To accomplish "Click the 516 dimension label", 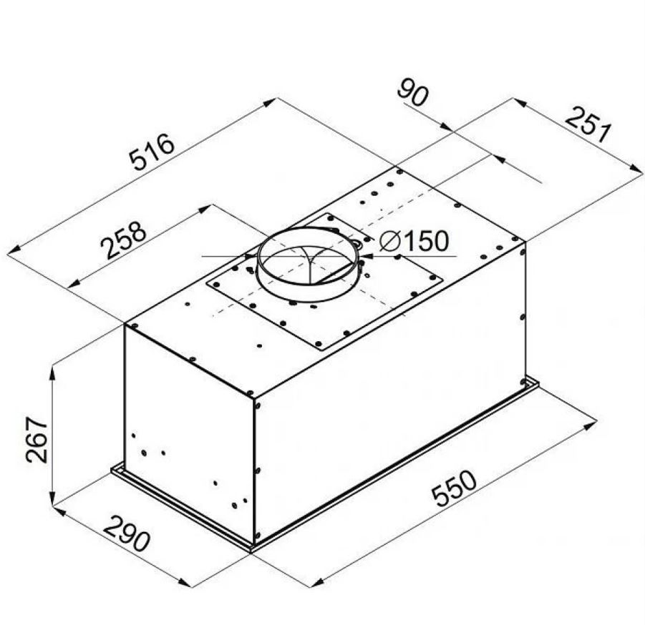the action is click(152, 151).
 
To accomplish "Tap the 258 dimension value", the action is click(124, 240).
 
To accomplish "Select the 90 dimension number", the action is click(412, 95).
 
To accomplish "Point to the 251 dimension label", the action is click(588, 124).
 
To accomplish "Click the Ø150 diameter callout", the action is click(414, 241).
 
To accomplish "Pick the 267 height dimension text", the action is click(37, 440).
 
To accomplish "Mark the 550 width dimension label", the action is click(454, 488).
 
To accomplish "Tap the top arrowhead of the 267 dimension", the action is click(52, 374).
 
